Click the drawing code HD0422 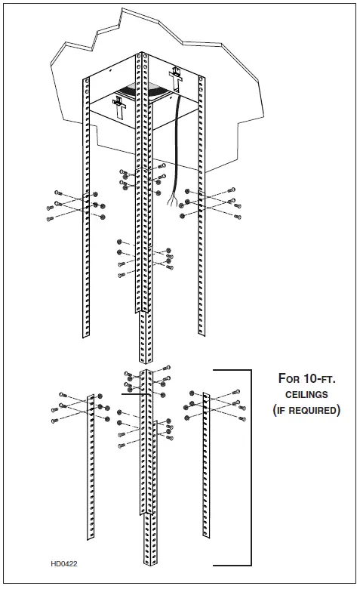point(65,563)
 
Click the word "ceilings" point(306,395)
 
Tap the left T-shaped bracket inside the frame point(119,104)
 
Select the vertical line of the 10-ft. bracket point(250,468)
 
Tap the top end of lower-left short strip point(91,394)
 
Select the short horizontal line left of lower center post point(132,394)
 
